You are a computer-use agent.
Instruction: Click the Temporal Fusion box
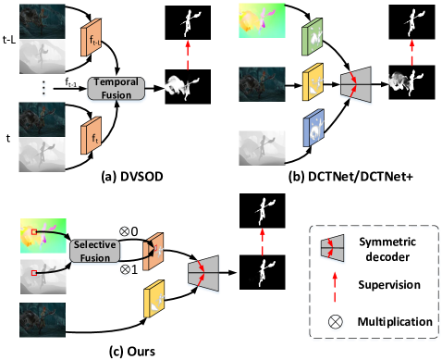pyautogui.click(x=117, y=88)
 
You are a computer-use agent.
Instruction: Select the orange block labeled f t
pyautogui.click(x=91, y=135)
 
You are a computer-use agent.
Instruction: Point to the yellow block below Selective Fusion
pyautogui.click(x=153, y=297)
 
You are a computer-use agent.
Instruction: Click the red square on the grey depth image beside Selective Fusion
pyautogui.click(x=34, y=273)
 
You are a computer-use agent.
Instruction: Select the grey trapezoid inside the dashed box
pyautogui.click(x=335, y=248)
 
